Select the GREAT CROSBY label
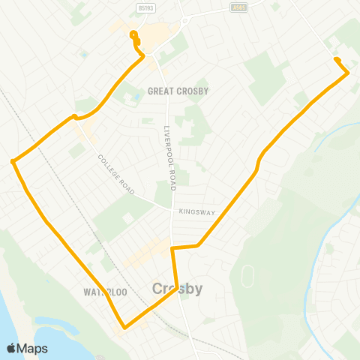(x=178, y=91)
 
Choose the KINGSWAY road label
(x=197, y=212)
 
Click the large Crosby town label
(x=177, y=289)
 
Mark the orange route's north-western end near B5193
(x=133, y=34)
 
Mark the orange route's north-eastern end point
(x=336, y=60)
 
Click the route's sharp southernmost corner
(x=124, y=327)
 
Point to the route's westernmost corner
(x=13, y=160)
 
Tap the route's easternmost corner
(x=348, y=73)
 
